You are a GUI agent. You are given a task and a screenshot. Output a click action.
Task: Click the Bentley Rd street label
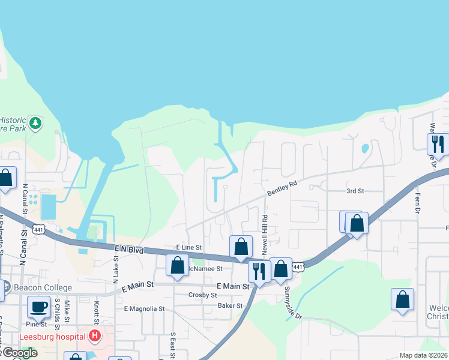[x=282, y=188]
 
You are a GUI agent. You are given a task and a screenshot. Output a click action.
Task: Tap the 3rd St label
[x=355, y=191]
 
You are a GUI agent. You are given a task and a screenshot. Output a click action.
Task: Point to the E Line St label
[x=188, y=247]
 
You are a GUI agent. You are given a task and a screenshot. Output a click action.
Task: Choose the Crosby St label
[x=202, y=295]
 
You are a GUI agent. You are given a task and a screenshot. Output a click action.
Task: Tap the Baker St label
[x=230, y=305]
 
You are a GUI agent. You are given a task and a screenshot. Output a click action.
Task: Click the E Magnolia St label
[x=144, y=308]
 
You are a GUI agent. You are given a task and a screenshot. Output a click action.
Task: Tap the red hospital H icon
[x=94, y=336]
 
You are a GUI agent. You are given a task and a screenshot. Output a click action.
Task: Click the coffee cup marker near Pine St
[x=39, y=307]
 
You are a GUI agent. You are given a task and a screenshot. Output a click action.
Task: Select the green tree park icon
[x=35, y=123]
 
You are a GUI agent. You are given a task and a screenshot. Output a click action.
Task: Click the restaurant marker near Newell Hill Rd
[x=259, y=271]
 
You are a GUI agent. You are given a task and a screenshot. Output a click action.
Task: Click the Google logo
[x=19, y=352]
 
